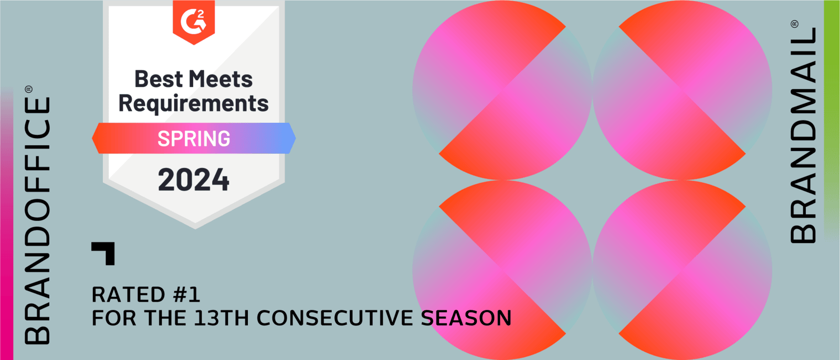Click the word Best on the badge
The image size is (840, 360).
[159, 79]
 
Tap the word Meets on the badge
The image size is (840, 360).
[220, 79]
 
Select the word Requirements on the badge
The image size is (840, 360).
[194, 104]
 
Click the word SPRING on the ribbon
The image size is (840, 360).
[194, 139]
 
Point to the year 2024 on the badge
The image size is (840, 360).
[194, 180]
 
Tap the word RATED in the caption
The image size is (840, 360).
[128, 294]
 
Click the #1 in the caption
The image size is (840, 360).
[186, 294]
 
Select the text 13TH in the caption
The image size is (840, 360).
[221, 318]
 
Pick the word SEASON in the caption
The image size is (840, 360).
[466, 318]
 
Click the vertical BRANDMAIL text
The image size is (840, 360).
[803, 135]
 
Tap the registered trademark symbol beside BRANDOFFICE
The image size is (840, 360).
[29, 89]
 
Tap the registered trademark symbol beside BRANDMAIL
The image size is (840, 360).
[795, 24]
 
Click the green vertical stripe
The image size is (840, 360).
[832, 120]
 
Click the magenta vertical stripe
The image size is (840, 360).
[6, 225]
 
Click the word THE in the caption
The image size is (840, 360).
[165, 318]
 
